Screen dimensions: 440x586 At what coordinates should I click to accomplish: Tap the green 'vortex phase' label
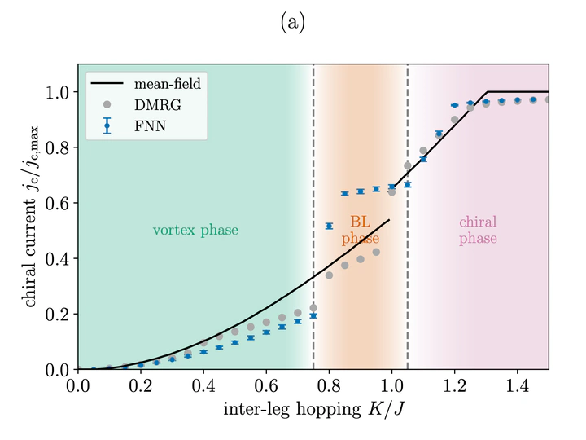pyautogui.click(x=195, y=231)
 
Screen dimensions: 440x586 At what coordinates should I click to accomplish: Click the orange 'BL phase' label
pyautogui.click(x=360, y=230)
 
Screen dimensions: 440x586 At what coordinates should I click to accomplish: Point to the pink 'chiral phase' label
pyautogui.click(x=478, y=230)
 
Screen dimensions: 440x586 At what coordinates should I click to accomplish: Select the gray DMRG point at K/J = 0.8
pyautogui.click(x=329, y=275)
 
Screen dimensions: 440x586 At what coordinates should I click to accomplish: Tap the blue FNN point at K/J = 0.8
pyautogui.click(x=329, y=226)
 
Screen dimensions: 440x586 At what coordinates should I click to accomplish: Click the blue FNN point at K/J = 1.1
pyautogui.click(x=423, y=160)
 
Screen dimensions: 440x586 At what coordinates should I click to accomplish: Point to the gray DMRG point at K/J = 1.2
pyautogui.click(x=455, y=120)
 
